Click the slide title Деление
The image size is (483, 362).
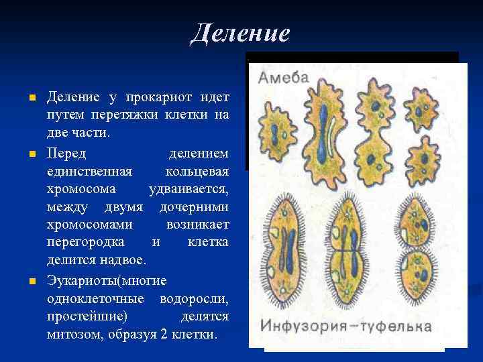pyautogui.click(x=239, y=32)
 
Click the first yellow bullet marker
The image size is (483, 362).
pyautogui.click(x=32, y=99)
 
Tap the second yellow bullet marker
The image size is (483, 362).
pyautogui.click(x=32, y=155)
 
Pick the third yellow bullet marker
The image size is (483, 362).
pyautogui.click(x=32, y=278)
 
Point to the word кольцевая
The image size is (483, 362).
pyautogui.click(x=199, y=169)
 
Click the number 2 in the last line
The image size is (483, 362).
pyautogui.click(x=164, y=333)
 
